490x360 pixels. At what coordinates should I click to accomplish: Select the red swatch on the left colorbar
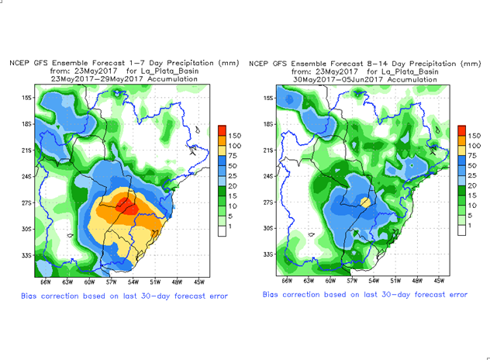point(222,130)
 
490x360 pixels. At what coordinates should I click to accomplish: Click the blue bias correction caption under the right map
point(364,295)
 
